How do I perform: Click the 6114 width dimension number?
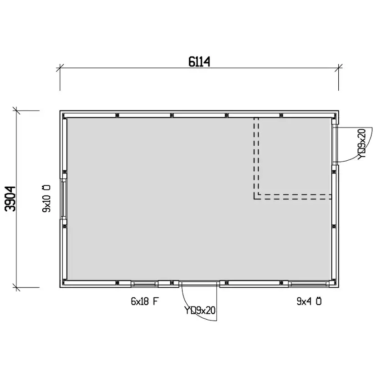[x=199, y=61]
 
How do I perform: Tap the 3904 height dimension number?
[x=10, y=199]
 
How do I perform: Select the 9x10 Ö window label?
[x=46, y=199]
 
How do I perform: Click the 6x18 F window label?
[x=145, y=301]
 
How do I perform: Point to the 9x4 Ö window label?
[x=309, y=301]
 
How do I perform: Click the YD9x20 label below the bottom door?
[x=199, y=310]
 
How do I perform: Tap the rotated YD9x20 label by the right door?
[x=362, y=144]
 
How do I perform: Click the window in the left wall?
[x=64, y=199]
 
